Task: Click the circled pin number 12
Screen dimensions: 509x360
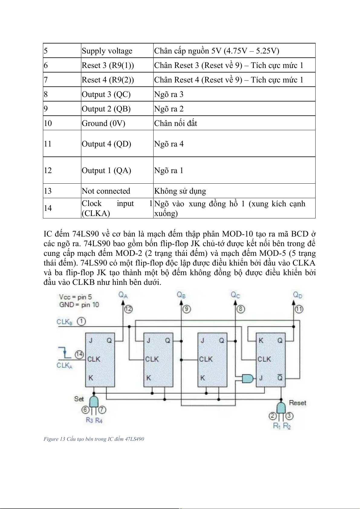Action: [x=128, y=309]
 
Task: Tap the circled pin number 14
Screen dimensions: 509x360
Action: [x=79, y=354]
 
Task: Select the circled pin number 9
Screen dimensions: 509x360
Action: [x=186, y=309]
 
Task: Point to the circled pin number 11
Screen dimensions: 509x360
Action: [x=299, y=309]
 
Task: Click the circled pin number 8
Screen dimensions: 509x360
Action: [x=241, y=309]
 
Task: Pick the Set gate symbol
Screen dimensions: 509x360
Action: [x=94, y=401]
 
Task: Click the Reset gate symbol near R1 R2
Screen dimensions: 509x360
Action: [x=281, y=408]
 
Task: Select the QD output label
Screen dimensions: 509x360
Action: [x=297, y=295]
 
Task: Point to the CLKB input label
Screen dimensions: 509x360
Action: [x=65, y=322]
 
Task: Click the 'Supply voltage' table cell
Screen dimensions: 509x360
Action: [x=107, y=51]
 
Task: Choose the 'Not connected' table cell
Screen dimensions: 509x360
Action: [x=106, y=191]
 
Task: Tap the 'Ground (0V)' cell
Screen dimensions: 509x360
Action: [x=103, y=123]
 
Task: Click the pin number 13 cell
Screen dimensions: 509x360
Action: [x=48, y=191]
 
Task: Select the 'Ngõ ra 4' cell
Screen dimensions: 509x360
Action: [x=169, y=144]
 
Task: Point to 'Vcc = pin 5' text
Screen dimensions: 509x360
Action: [x=76, y=297]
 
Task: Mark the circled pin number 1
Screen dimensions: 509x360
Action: [x=81, y=321]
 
